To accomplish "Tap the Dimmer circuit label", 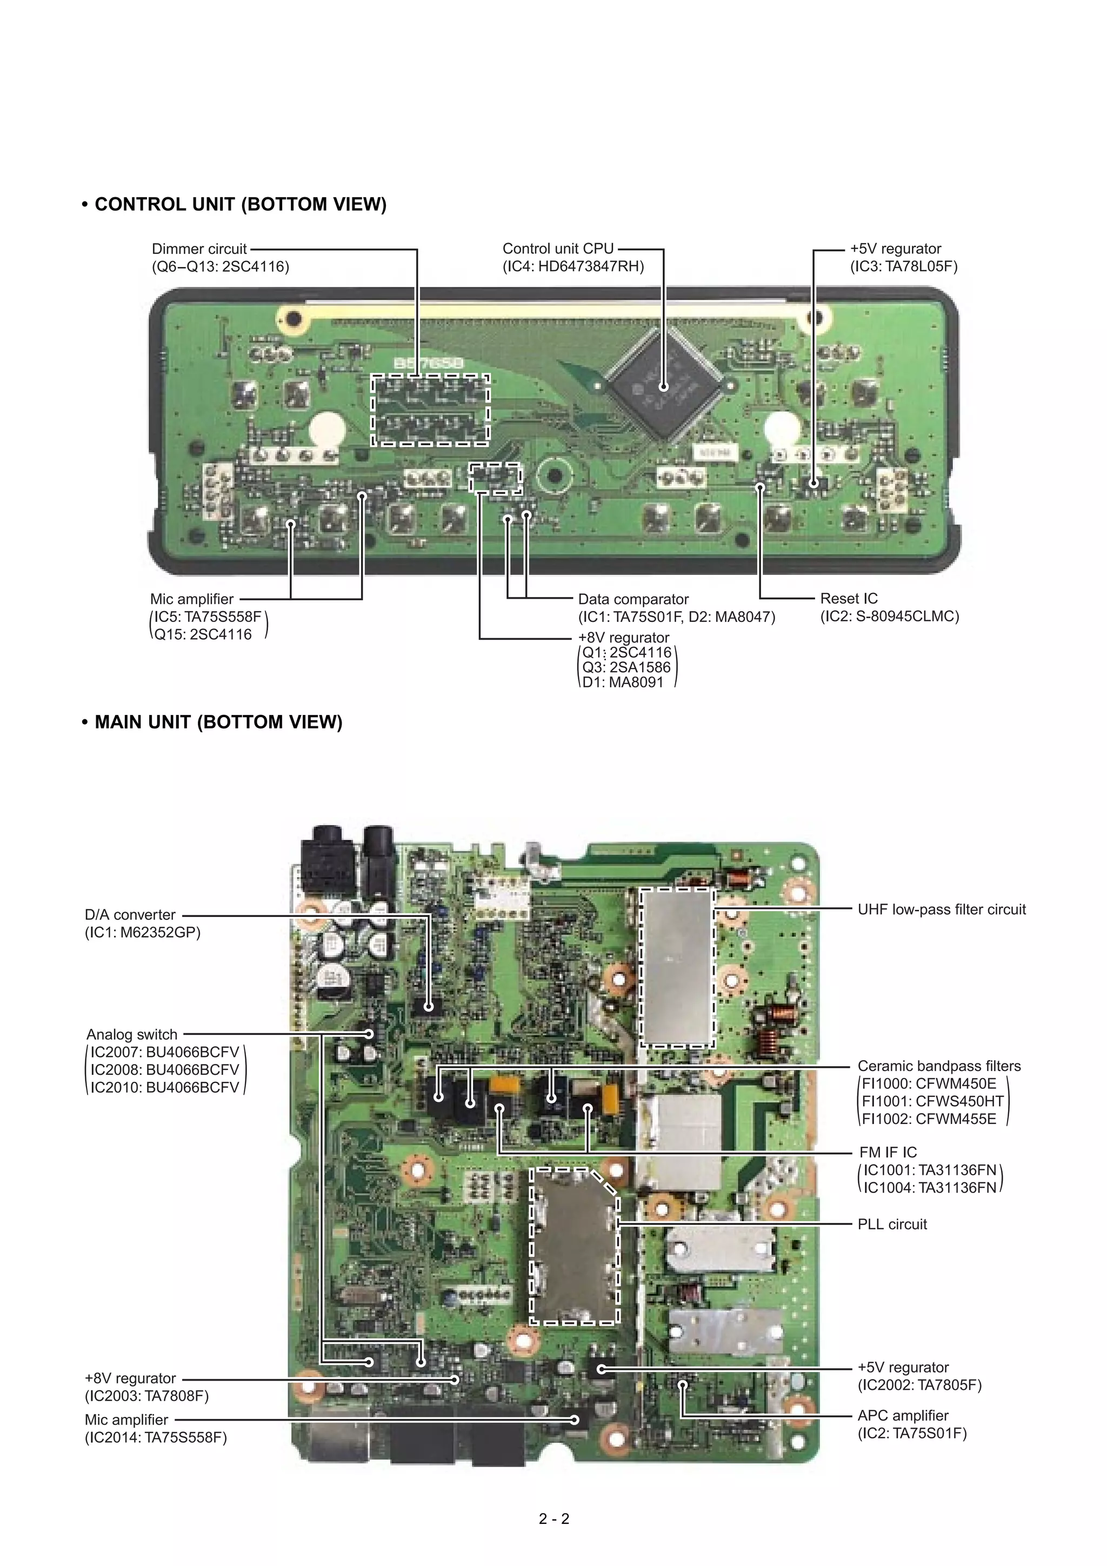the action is tap(199, 249).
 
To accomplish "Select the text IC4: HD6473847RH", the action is tap(573, 267).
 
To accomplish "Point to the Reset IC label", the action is tap(849, 599).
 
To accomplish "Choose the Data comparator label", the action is tap(633, 599).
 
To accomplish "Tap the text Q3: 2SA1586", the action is tap(626, 668).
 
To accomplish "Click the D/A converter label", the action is tap(130, 915).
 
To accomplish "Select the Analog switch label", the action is tap(132, 1035).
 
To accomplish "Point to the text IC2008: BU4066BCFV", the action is tap(164, 1070).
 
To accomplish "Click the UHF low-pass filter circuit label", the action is tap(941, 909).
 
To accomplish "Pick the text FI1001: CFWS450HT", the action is tap(932, 1101).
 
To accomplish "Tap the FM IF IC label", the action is tap(888, 1153).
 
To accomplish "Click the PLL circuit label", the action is tap(892, 1224).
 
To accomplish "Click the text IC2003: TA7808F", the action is tap(146, 1396).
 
